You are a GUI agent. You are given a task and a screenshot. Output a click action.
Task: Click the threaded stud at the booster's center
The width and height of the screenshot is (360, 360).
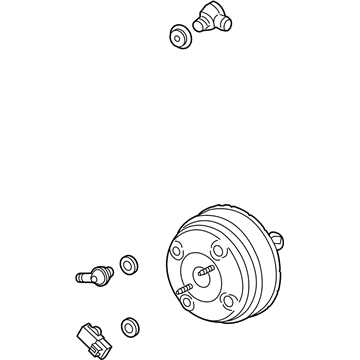pos(204,272)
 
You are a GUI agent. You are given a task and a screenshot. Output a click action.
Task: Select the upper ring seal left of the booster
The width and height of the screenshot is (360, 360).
pos(128,265)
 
